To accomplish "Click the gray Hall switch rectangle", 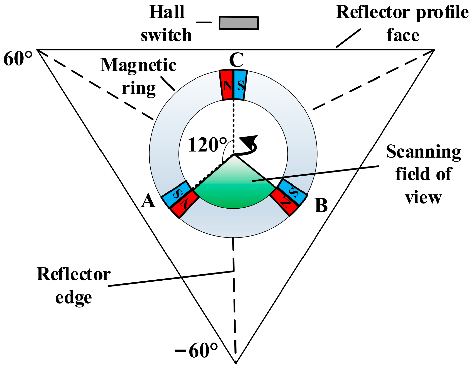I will [x=239, y=23].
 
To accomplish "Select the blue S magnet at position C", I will [x=240, y=85].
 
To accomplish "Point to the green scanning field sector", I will [x=234, y=188].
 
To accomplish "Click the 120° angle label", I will [x=207, y=145].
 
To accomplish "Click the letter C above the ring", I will [x=236, y=61].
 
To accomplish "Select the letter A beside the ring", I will [x=148, y=202].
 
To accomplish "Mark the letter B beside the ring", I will [x=321, y=205].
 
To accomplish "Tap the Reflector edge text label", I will [x=73, y=285].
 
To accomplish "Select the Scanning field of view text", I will [x=423, y=174].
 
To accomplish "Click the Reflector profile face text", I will [x=402, y=23].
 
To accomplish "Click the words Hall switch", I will [x=166, y=23].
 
